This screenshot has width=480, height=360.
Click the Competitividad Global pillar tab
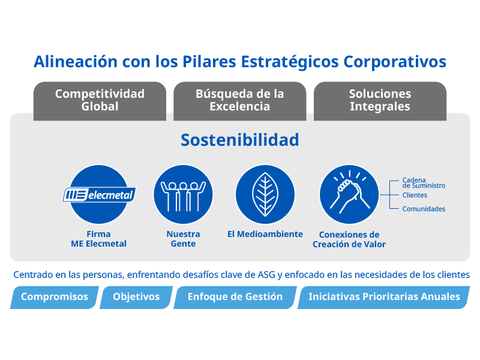point(100,101)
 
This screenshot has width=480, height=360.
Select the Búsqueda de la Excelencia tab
point(239,101)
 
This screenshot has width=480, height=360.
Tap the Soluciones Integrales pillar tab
point(380,101)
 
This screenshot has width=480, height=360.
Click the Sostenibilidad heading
point(239,140)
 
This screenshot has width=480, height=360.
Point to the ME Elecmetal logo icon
point(99,194)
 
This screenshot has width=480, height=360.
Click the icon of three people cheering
point(183,194)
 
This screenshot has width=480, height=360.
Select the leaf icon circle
point(265,194)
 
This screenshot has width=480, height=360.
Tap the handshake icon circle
point(349,194)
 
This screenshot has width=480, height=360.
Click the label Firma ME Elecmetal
point(98,239)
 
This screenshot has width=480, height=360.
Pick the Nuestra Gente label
point(183,239)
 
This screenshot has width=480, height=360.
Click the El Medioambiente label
point(265,234)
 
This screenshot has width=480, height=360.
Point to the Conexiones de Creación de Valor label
point(349,239)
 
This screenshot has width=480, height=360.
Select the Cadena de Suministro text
point(424,183)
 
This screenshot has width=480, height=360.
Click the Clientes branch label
point(415,195)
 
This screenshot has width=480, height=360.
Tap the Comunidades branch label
point(424,209)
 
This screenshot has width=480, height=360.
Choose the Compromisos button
point(55,297)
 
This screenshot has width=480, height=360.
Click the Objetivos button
point(136,297)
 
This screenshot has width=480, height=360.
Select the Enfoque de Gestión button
point(235,297)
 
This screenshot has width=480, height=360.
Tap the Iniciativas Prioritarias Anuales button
point(384,297)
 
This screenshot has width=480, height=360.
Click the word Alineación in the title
point(76,62)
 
